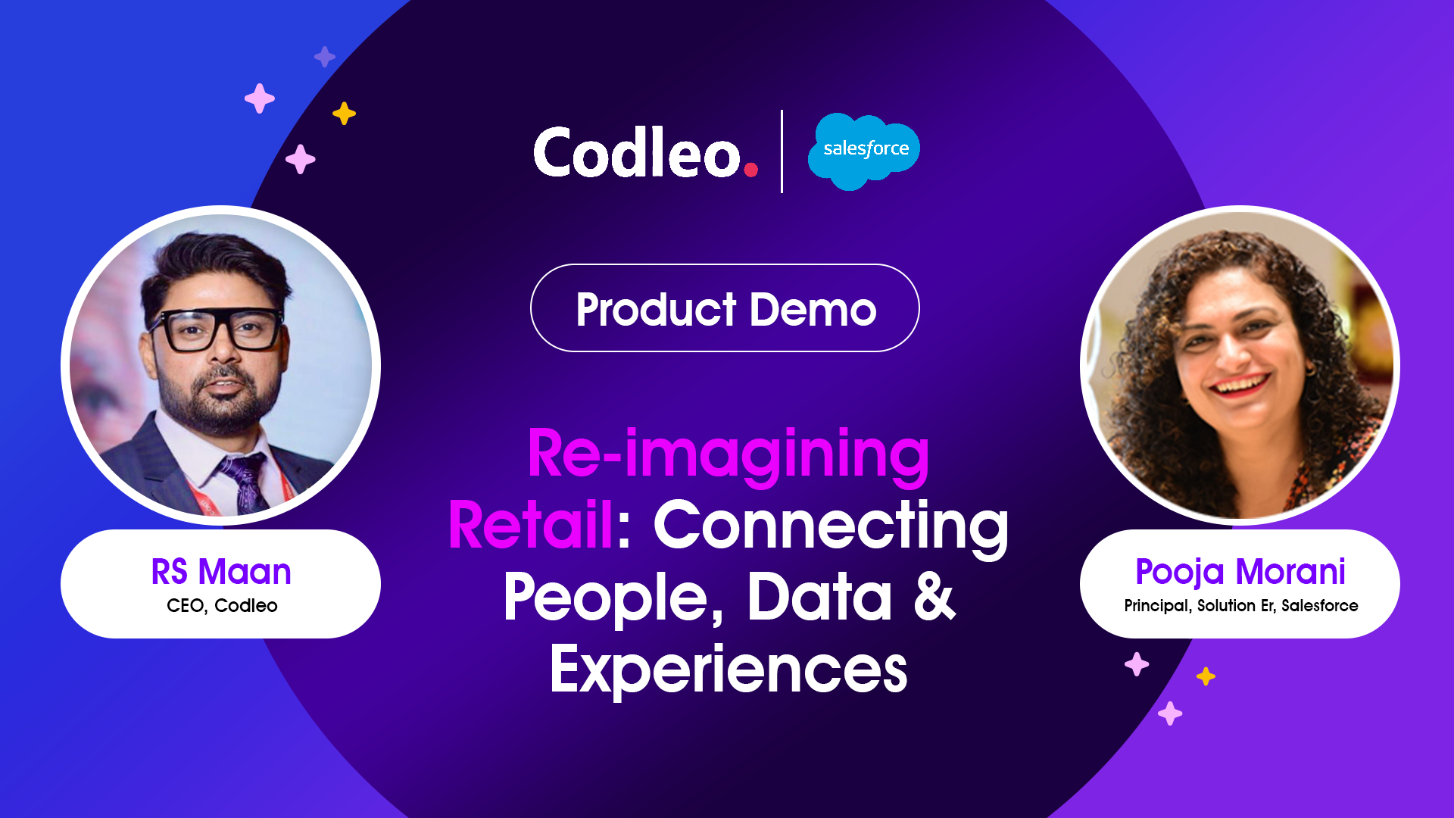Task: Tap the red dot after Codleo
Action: point(751,169)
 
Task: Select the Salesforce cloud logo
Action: point(864,151)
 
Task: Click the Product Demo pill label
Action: point(725,308)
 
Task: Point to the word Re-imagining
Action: point(729,454)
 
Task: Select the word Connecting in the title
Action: point(831,527)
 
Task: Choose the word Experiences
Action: point(729,670)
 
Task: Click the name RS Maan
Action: point(221,571)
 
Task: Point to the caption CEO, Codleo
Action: point(222,605)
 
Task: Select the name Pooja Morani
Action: point(1240,572)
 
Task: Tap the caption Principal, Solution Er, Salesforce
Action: point(1240,605)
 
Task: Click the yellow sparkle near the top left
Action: point(344,114)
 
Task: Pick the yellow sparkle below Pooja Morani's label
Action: point(1206,676)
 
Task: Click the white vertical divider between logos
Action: point(782,151)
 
